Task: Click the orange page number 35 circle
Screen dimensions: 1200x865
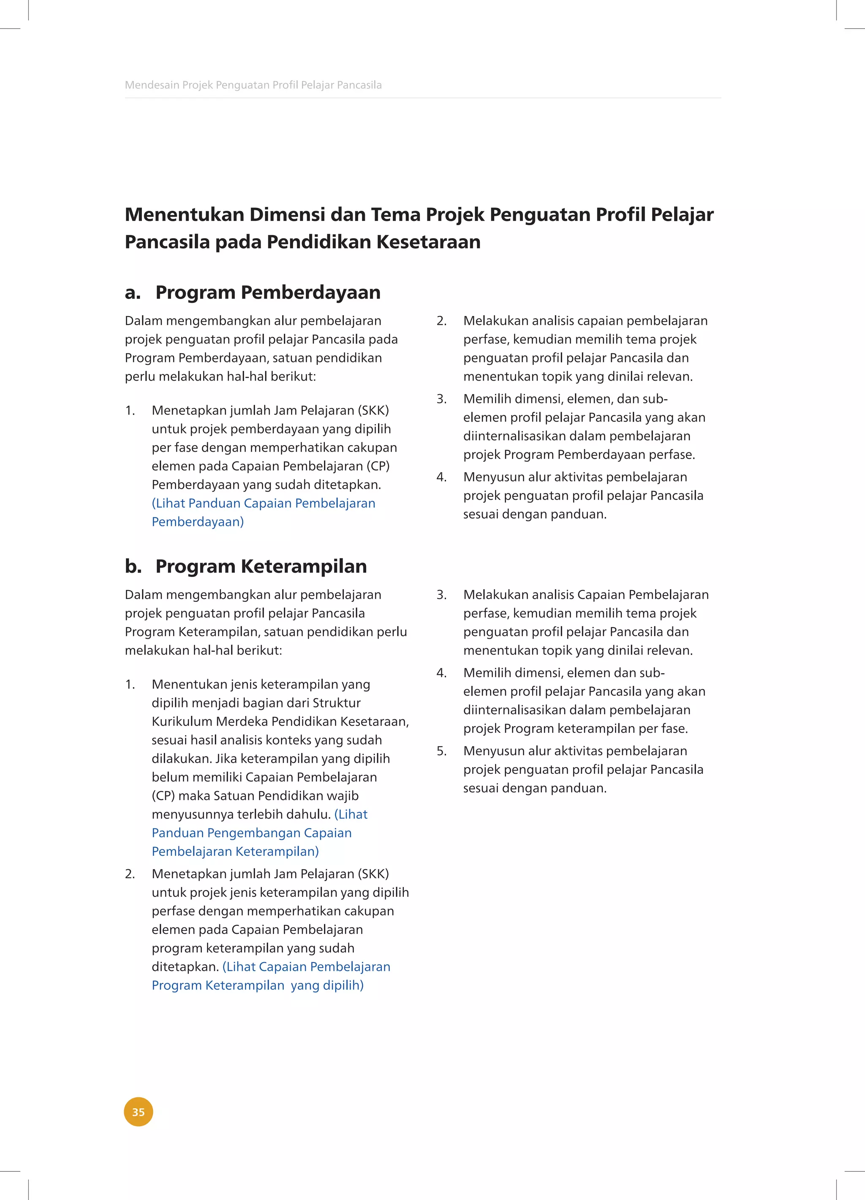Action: [138, 1112]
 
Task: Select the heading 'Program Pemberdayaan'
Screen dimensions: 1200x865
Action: [268, 292]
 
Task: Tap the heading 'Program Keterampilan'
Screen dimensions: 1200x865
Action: [261, 566]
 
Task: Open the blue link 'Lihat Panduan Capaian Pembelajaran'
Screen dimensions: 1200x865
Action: [264, 503]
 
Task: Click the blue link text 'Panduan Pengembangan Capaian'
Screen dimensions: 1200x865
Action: [251, 833]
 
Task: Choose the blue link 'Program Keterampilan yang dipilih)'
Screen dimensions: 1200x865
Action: [258, 985]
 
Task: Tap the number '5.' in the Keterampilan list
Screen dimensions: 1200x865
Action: [442, 751]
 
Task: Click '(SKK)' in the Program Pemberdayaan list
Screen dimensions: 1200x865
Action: [373, 410]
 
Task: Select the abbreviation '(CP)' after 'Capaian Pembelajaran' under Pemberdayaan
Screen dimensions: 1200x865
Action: [378, 466]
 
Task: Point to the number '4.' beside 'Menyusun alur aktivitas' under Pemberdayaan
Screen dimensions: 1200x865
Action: [442, 477]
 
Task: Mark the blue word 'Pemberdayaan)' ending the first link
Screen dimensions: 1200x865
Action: [197, 522]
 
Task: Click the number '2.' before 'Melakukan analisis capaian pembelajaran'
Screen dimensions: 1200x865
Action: [442, 321]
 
